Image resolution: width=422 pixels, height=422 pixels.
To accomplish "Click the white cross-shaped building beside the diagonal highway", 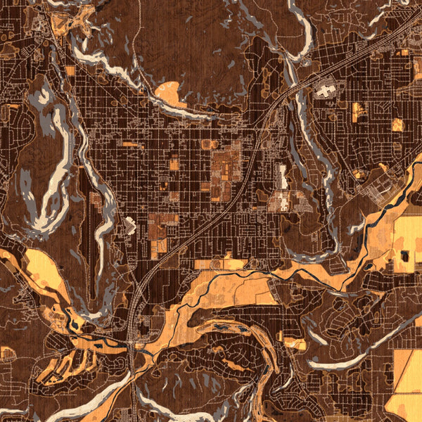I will [x=324, y=90].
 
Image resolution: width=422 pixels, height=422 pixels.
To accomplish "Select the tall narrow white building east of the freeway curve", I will [x=282, y=177].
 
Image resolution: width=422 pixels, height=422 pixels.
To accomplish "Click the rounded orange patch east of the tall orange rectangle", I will [x=397, y=124].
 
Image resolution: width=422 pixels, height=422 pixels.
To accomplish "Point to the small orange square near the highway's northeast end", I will [x=402, y=53].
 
